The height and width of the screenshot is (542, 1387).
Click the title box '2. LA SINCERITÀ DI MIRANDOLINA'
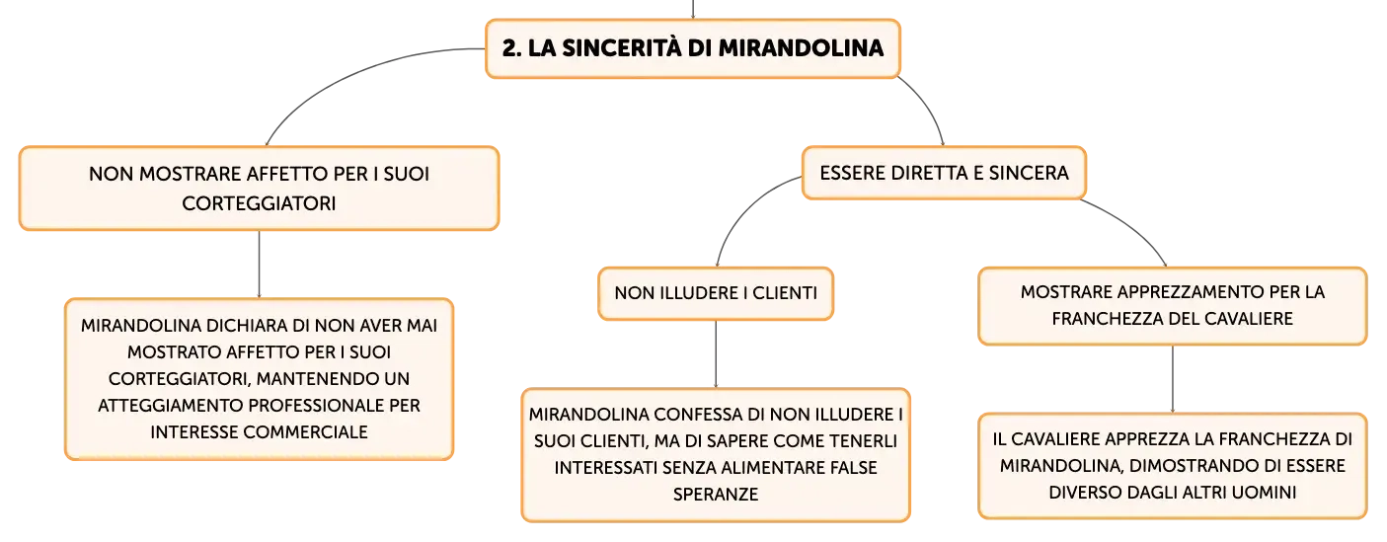[692, 49]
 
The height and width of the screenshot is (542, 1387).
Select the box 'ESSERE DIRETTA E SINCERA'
[945, 173]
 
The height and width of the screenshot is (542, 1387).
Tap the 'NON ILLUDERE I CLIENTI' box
[716, 293]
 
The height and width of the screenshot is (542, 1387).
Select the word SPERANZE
[716, 495]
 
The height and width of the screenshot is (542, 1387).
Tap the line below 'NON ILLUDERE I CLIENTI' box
[716, 354]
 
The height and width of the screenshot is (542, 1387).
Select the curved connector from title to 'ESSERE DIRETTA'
[927, 107]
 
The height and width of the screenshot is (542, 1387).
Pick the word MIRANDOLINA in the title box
[802, 48]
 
